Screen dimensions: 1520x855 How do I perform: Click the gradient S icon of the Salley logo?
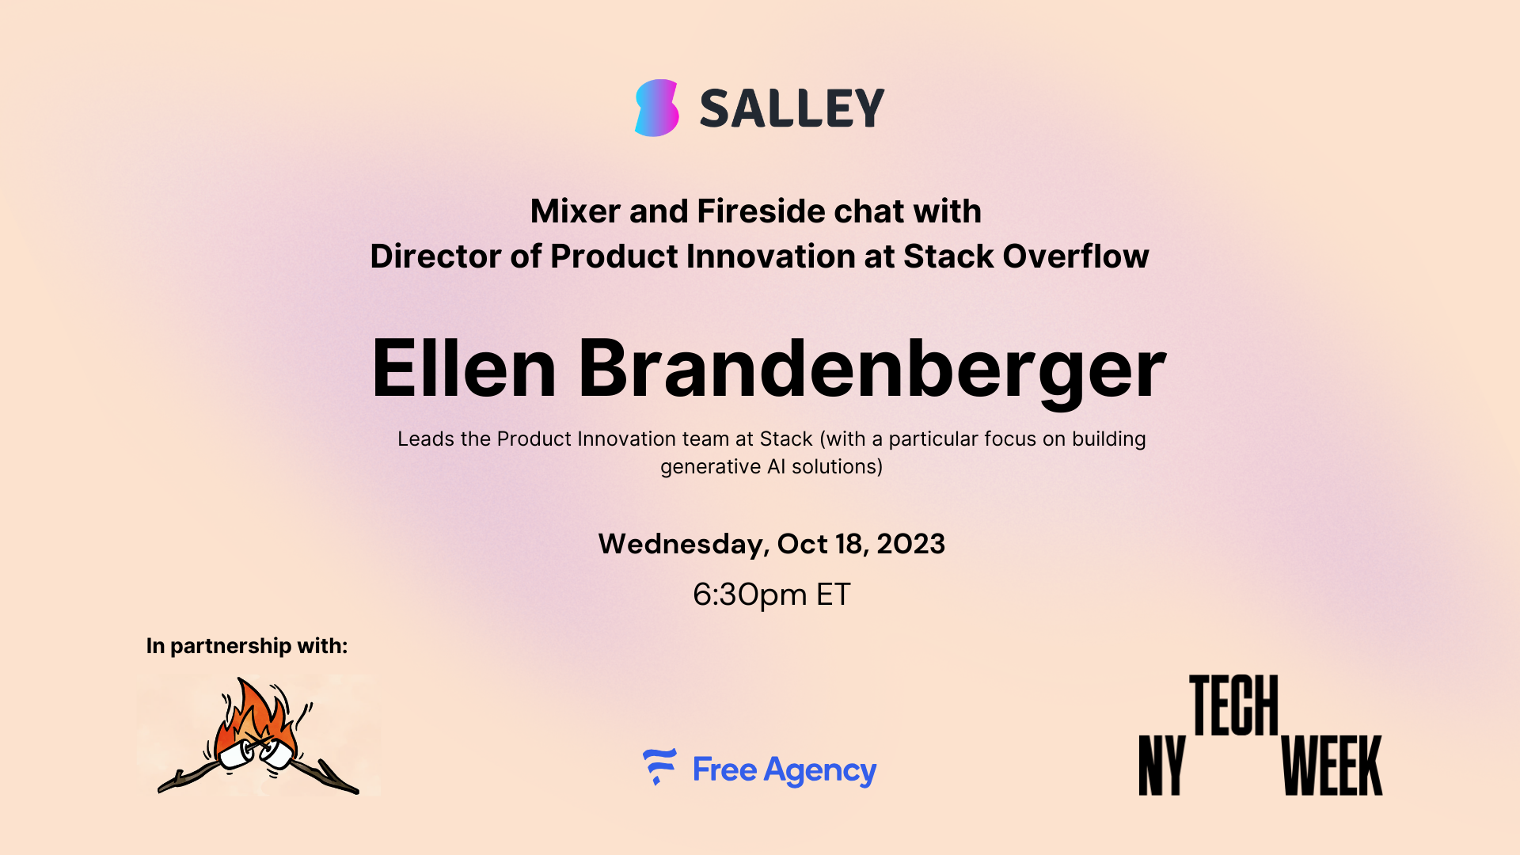(657, 108)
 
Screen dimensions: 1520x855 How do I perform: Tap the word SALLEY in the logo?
(792, 108)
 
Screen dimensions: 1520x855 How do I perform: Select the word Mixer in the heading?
(576, 211)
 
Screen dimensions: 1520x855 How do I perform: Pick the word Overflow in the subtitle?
(1076, 256)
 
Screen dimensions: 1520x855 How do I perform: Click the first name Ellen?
(464, 368)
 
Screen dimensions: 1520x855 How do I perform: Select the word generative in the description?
(711, 467)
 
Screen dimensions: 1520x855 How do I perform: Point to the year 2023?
(910, 544)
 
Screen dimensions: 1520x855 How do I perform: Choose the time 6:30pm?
(750, 595)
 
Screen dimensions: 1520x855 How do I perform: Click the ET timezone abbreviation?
(834, 595)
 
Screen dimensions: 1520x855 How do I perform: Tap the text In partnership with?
(247, 646)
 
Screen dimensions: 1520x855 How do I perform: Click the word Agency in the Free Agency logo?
(820, 771)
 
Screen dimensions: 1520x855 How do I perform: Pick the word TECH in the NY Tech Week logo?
(1234, 705)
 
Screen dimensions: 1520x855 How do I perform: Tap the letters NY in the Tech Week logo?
(1162, 766)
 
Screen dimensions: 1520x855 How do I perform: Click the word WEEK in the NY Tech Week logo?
(1332, 766)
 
